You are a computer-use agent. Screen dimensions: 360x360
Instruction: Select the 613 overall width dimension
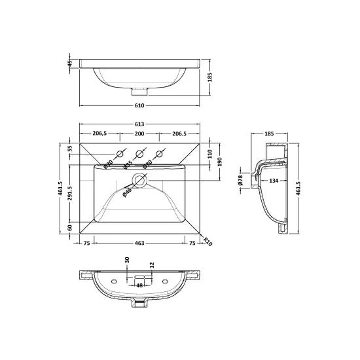coord(140,124)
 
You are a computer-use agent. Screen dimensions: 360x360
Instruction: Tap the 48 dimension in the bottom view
coord(139,285)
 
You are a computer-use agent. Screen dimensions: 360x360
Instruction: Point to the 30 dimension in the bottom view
coord(126,261)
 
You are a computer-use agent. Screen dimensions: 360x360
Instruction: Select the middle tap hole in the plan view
coord(139,154)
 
